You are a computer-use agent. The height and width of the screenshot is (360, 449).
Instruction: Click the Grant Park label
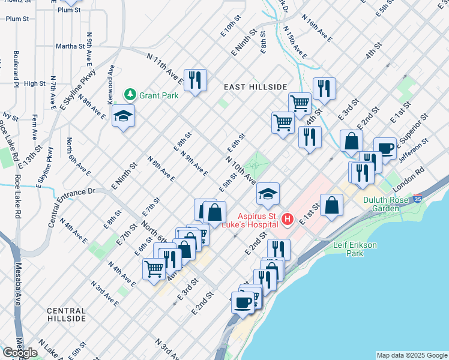click(158, 95)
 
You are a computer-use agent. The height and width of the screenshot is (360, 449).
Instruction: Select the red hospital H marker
click(288, 220)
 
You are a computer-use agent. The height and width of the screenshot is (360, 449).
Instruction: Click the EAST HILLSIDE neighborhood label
click(255, 87)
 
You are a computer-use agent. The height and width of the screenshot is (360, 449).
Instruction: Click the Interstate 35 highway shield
click(417, 199)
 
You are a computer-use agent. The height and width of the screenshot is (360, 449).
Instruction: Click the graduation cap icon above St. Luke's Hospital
click(268, 193)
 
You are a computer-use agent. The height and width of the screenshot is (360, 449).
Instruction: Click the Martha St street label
click(70, 46)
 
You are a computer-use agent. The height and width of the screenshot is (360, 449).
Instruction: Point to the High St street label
click(35, 83)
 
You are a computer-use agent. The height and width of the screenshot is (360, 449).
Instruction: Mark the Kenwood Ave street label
click(111, 85)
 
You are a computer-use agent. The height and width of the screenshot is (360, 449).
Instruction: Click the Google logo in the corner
click(20, 352)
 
